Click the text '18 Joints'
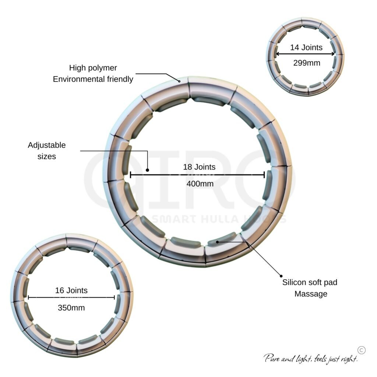pyautogui.click(x=199, y=167)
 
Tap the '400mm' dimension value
pyautogui.click(x=200, y=184)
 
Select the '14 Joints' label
pyautogui.click(x=306, y=47)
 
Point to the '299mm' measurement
pyautogui.click(x=307, y=63)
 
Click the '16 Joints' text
pyautogui.click(x=71, y=290)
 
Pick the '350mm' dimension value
pyautogui.click(x=71, y=308)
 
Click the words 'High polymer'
pyautogui.click(x=93, y=68)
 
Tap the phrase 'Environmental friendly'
pyautogui.click(x=93, y=79)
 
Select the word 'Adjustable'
pyautogui.click(x=47, y=145)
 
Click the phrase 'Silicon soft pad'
pyautogui.click(x=310, y=282)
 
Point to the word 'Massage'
pyautogui.click(x=311, y=294)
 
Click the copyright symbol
pyautogui.click(x=362, y=350)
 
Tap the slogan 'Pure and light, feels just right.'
pyautogui.click(x=311, y=359)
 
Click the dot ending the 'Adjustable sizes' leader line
pyautogui.click(x=147, y=170)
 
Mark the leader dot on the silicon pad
pyautogui.click(x=217, y=242)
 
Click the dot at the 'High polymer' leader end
pyautogui.click(x=179, y=81)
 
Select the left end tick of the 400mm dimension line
pyautogui.click(x=130, y=175)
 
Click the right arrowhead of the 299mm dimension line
pyautogui.click(x=333, y=54)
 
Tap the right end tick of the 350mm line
pyautogui.click(x=114, y=297)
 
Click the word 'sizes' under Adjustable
pyautogui.click(x=47, y=156)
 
